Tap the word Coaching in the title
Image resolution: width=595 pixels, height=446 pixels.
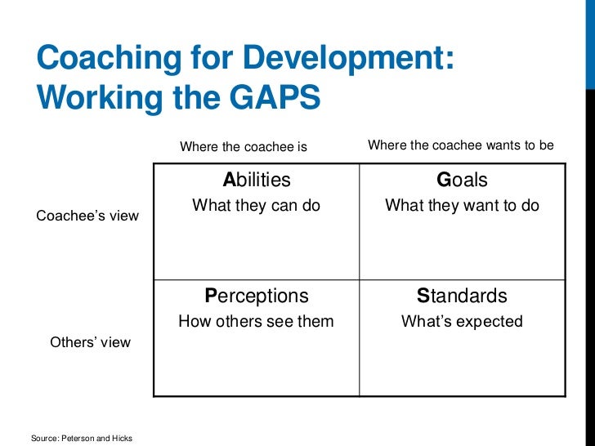pyautogui.click(x=100, y=59)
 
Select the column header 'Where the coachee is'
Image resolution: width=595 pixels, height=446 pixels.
pyautogui.click(x=243, y=147)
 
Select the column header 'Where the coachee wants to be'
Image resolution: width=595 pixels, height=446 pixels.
pyautogui.click(x=461, y=145)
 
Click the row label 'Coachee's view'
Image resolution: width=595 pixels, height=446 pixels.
pyautogui.click(x=87, y=216)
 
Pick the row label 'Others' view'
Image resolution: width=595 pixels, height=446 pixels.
pyautogui.click(x=90, y=342)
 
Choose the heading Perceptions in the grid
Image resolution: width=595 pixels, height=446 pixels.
pyautogui.click(x=256, y=296)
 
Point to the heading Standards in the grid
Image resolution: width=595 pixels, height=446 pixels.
pyautogui.click(x=462, y=296)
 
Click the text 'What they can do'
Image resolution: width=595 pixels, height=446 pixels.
pyautogui.click(x=256, y=206)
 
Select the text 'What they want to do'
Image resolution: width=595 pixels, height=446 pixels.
pyautogui.click(x=462, y=206)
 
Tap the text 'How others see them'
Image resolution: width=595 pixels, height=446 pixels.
pyautogui.click(x=256, y=321)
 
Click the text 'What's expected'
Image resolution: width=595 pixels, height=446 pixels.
pyautogui.click(x=462, y=321)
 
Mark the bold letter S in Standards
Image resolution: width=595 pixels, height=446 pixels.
pyautogui.click(x=423, y=296)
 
